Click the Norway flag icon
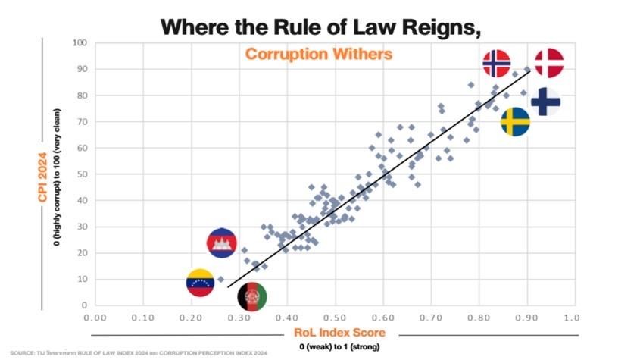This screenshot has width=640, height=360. click(497, 64)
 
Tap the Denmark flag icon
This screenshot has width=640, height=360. click(548, 62)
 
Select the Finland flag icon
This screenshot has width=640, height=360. click(545, 102)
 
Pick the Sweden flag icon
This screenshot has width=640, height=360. click(515, 121)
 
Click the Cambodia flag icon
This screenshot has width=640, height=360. click(222, 243)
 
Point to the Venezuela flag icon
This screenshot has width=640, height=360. click(201, 283)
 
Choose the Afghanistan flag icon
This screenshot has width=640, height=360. click(251, 297)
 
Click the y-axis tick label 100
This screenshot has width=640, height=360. click(79, 42)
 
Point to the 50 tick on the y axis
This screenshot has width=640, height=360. click(81, 174)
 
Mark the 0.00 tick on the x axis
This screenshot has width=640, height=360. click(95, 318)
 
